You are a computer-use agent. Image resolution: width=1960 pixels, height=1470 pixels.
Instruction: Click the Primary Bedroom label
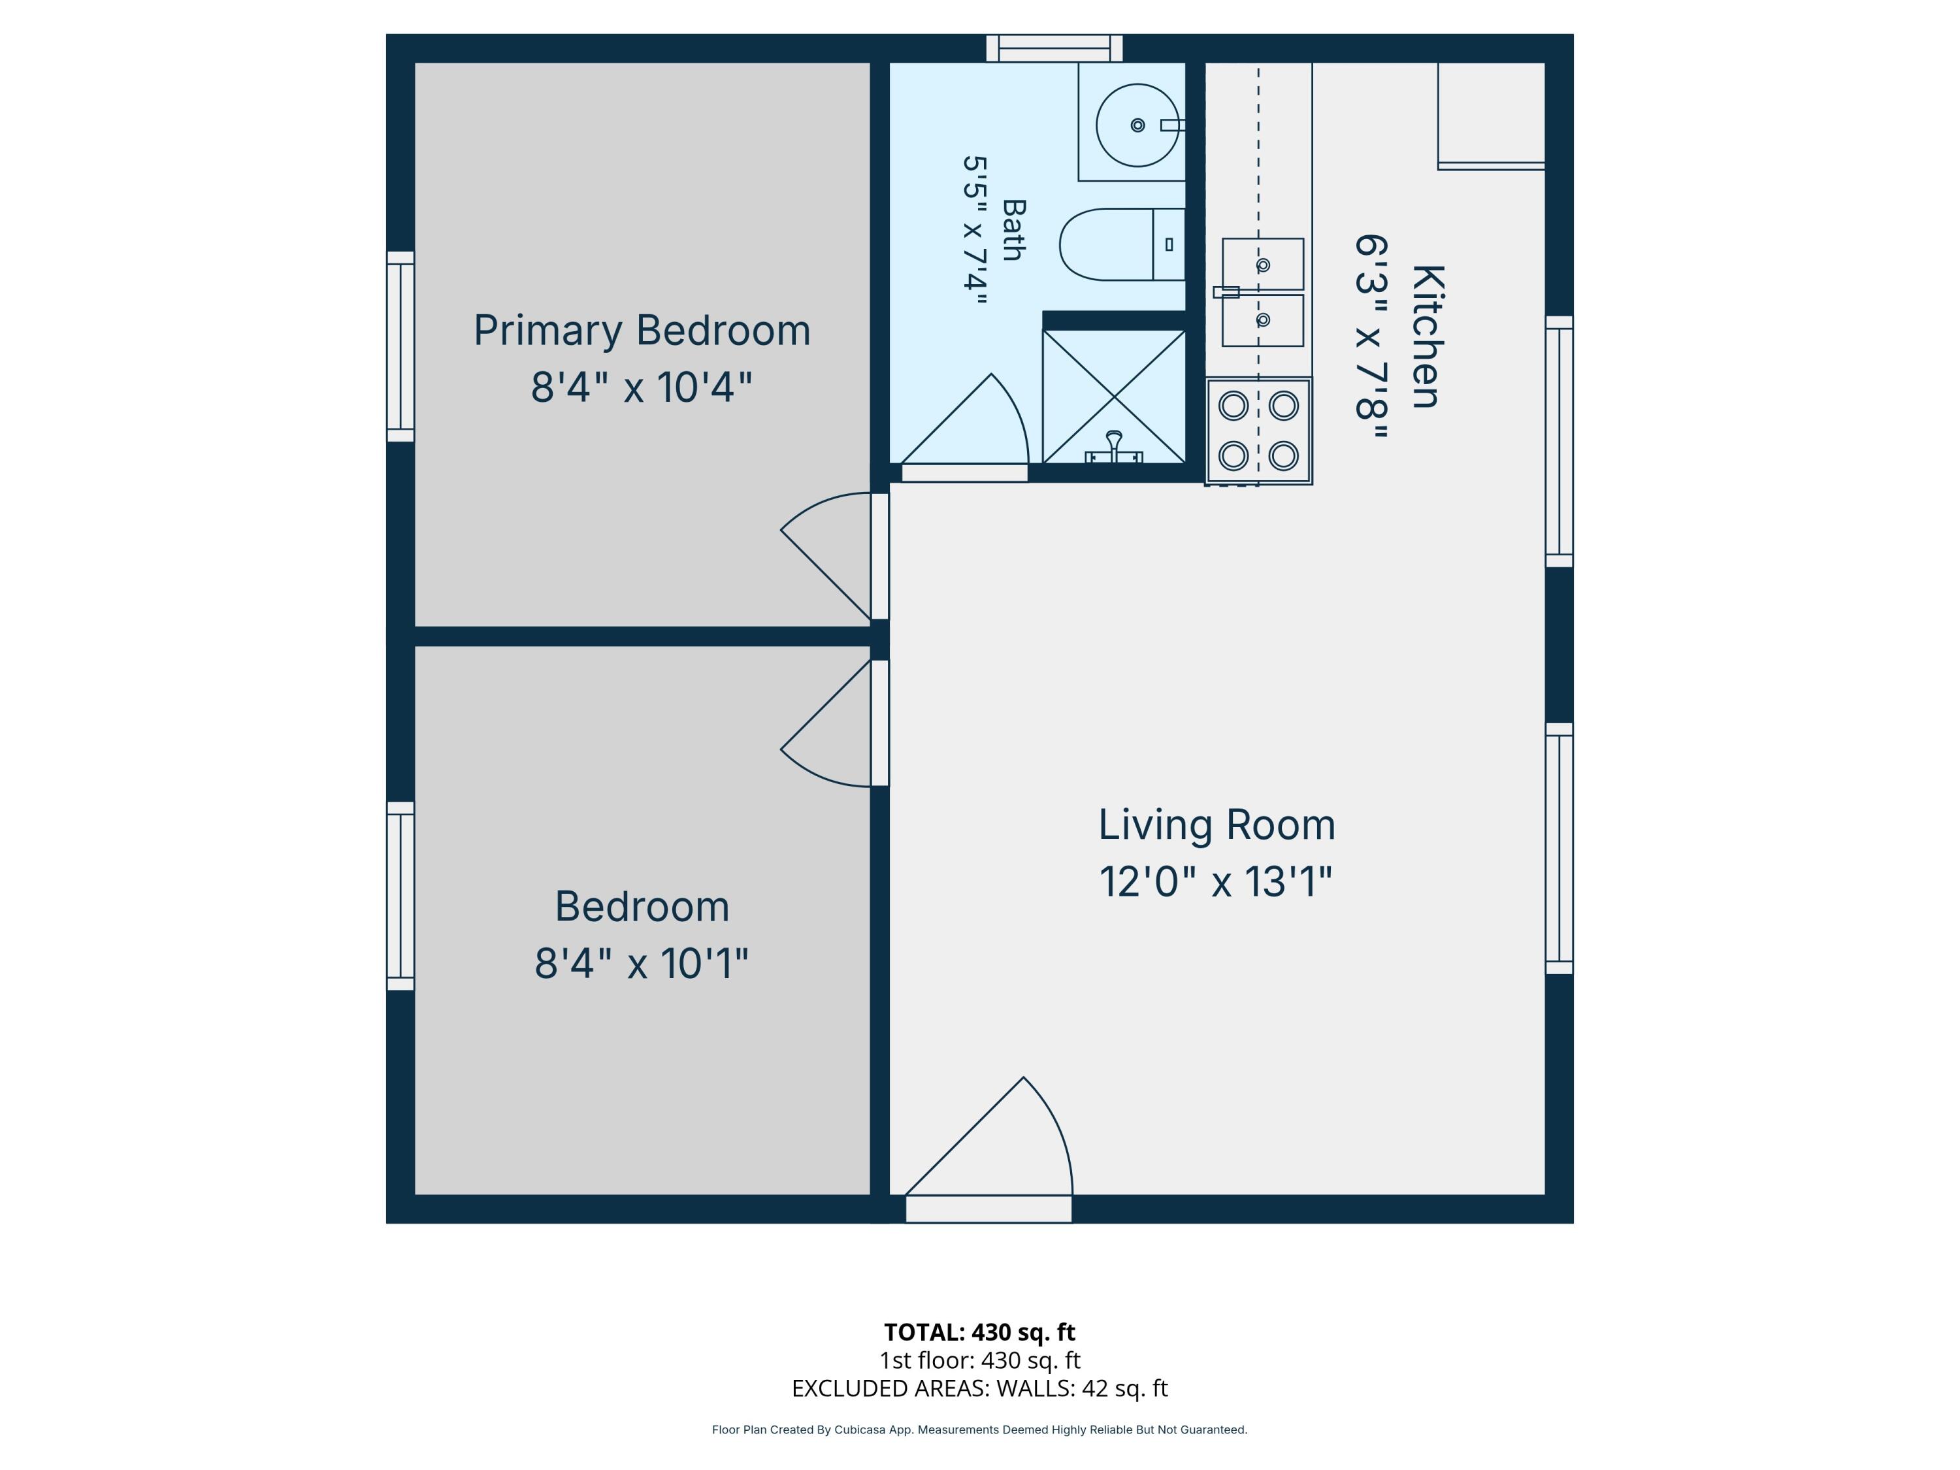point(642,331)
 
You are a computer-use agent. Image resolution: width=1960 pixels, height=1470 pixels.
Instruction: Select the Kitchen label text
point(1427,336)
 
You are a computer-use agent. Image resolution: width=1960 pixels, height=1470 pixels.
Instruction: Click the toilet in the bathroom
point(1122,244)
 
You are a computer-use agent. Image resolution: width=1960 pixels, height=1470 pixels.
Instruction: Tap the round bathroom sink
point(1137,125)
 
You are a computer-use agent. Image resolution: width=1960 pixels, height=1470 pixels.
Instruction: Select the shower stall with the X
point(1114,396)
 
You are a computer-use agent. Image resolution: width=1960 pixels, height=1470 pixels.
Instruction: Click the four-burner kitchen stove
point(1258,431)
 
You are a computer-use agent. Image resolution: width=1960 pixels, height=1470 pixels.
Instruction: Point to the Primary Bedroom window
point(400,346)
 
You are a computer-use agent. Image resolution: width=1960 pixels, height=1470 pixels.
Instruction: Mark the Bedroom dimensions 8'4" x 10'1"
point(642,963)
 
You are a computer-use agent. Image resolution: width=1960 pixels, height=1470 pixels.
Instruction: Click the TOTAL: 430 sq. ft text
point(979,1331)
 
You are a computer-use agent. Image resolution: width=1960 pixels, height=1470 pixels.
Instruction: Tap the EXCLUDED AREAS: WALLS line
point(979,1388)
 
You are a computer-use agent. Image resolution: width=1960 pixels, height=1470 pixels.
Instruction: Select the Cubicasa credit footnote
point(979,1429)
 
